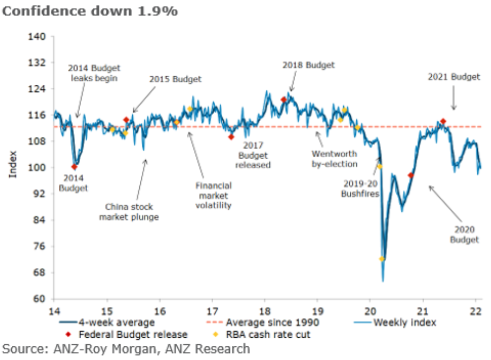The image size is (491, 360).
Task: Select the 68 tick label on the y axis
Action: point(41,272)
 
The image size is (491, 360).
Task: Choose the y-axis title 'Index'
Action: point(13,164)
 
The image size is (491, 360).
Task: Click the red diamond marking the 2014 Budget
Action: point(74,167)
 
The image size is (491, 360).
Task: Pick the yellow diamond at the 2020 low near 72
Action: point(382,259)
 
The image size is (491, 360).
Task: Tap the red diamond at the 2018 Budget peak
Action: point(283,99)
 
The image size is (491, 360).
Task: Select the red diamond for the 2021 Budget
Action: point(443,121)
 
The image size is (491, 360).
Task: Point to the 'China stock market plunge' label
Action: point(129,212)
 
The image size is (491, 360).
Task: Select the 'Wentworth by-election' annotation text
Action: point(335,159)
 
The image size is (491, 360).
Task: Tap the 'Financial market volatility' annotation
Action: point(214,195)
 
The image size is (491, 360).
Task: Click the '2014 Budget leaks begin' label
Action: point(93,72)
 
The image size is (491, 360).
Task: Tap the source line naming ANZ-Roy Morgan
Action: point(126,350)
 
